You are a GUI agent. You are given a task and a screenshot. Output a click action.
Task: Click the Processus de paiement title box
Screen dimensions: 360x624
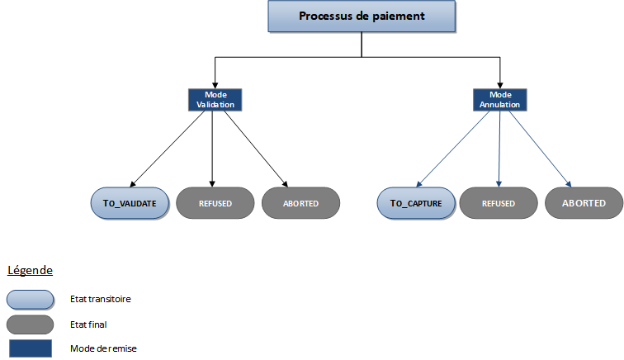click(361, 17)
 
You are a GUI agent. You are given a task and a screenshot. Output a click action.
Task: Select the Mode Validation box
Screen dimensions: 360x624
click(213, 100)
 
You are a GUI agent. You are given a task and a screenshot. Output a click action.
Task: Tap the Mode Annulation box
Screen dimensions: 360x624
click(499, 100)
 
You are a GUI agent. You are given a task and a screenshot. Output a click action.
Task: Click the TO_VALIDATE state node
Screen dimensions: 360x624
click(130, 202)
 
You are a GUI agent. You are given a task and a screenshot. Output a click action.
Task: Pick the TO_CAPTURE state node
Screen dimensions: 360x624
click(416, 202)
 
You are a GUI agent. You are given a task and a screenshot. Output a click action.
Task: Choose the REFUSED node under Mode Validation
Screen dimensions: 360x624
click(215, 203)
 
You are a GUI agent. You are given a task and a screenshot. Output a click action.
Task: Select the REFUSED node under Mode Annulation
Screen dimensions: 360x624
click(499, 203)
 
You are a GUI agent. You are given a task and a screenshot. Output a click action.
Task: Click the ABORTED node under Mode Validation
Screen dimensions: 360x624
click(300, 203)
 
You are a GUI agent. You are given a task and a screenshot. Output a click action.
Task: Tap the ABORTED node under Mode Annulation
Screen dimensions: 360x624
click(584, 203)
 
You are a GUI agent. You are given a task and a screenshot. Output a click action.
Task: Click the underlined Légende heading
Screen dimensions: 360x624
click(30, 271)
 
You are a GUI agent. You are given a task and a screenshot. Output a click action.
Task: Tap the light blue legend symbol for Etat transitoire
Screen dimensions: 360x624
click(29, 298)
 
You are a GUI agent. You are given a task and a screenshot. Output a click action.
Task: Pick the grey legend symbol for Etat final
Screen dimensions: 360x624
click(29, 324)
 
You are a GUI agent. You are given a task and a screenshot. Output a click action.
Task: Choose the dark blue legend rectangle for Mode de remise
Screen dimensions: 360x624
click(29, 348)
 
